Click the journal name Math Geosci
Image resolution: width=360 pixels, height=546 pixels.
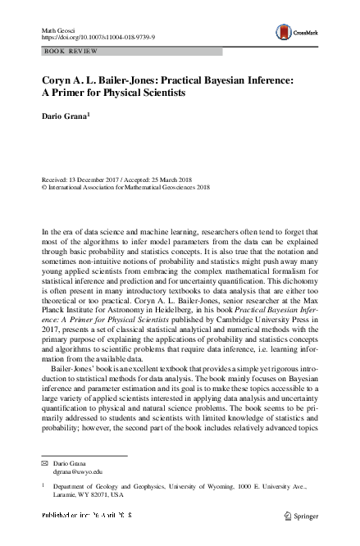coord(58,30)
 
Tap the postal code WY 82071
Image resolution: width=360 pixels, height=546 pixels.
coord(93,495)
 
